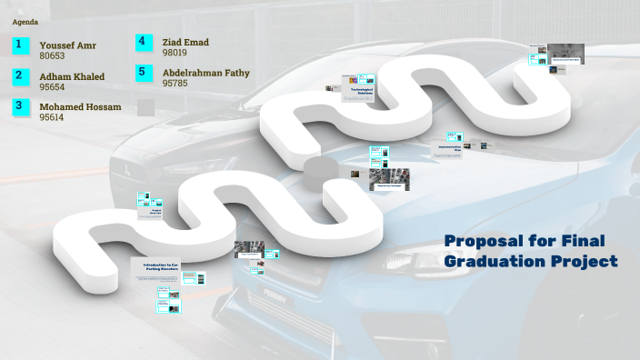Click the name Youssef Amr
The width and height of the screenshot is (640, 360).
click(x=67, y=45)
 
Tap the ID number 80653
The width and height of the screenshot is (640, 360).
click(x=52, y=55)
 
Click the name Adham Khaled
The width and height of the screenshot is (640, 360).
click(x=72, y=76)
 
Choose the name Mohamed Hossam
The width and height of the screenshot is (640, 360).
click(x=80, y=107)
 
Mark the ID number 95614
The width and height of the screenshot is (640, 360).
click(x=52, y=117)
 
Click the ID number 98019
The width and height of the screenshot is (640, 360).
click(x=175, y=53)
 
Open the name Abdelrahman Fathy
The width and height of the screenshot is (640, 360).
click(x=205, y=73)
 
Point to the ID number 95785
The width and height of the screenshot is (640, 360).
click(x=175, y=83)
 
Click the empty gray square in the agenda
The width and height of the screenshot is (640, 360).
click(x=145, y=107)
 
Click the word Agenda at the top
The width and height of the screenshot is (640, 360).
click(x=25, y=20)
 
